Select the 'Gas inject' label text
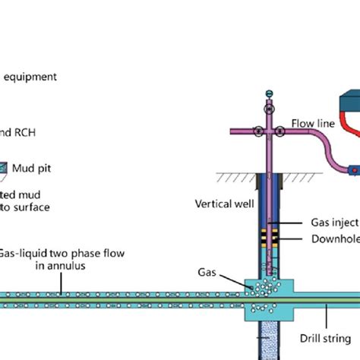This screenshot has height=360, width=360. [335, 223]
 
